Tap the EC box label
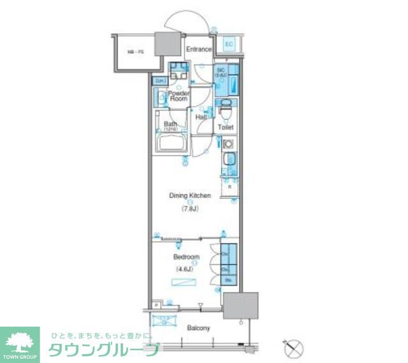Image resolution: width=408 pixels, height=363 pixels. pyautogui.click(x=229, y=44)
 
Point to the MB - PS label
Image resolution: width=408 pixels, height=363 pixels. pyautogui.click(x=133, y=52)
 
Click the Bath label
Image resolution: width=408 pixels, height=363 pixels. pyautogui.click(x=170, y=124)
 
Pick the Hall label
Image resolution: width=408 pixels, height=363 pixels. pyautogui.click(x=201, y=117)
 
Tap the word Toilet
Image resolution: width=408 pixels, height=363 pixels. pyautogui.click(x=226, y=128)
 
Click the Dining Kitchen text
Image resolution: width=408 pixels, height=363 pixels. pyautogui.click(x=189, y=196)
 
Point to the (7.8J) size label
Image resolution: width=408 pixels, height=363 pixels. pyautogui.click(x=189, y=208)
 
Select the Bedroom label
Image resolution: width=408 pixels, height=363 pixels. pyautogui.click(x=186, y=258)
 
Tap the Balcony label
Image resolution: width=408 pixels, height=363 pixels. pyautogui.click(x=198, y=328)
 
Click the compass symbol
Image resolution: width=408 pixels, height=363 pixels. pyautogui.click(x=293, y=348)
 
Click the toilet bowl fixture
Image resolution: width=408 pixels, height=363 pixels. pyautogui.click(x=225, y=112)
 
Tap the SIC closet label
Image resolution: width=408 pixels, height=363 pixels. pyautogui.click(x=221, y=71)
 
